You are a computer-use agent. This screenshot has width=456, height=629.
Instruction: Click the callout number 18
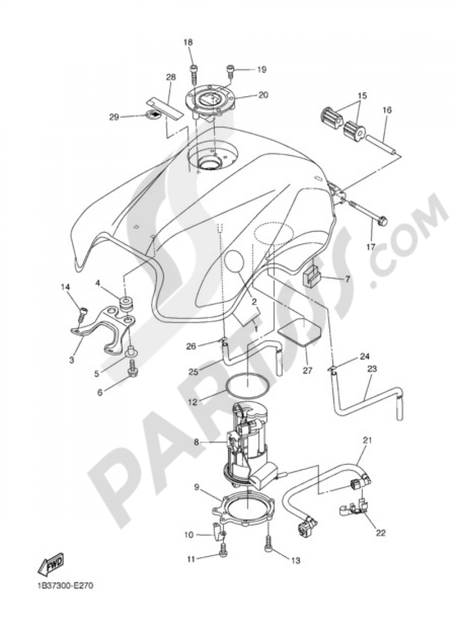[x=188, y=42]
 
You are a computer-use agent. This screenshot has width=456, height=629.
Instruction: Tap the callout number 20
[x=263, y=95]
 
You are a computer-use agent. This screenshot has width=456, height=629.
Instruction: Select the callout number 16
[x=387, y=110]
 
